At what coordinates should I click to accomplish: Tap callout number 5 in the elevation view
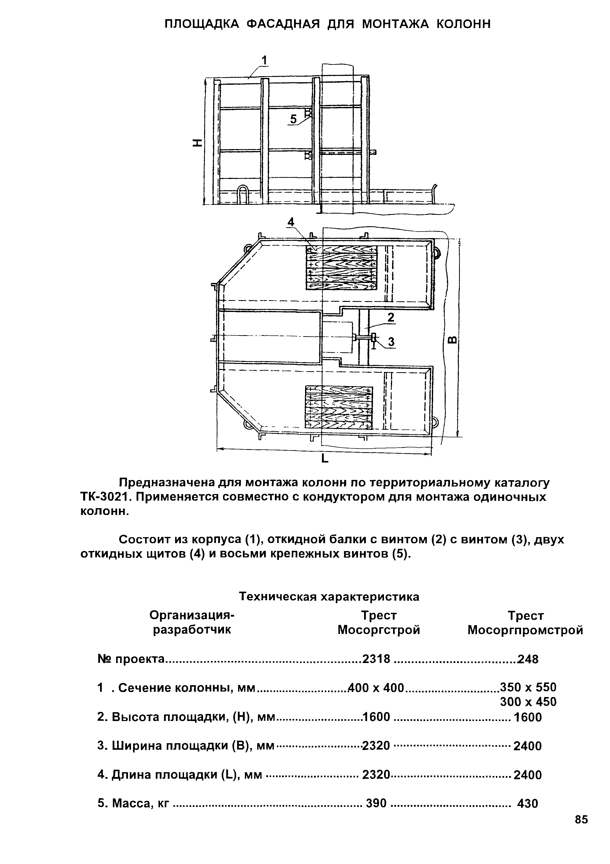(x=293, y=119)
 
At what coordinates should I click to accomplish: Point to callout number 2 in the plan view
(x=391, y=318)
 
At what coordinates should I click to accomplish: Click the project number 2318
(x=376, y=659)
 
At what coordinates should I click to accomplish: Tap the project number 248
(x=528, y=659)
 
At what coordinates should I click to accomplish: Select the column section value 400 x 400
(x=376, y=688)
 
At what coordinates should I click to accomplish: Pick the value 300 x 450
(x=528, y=702)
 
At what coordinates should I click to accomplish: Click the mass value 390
(x=376, y=803)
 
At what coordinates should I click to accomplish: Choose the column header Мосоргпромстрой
(x=525, y=630)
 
